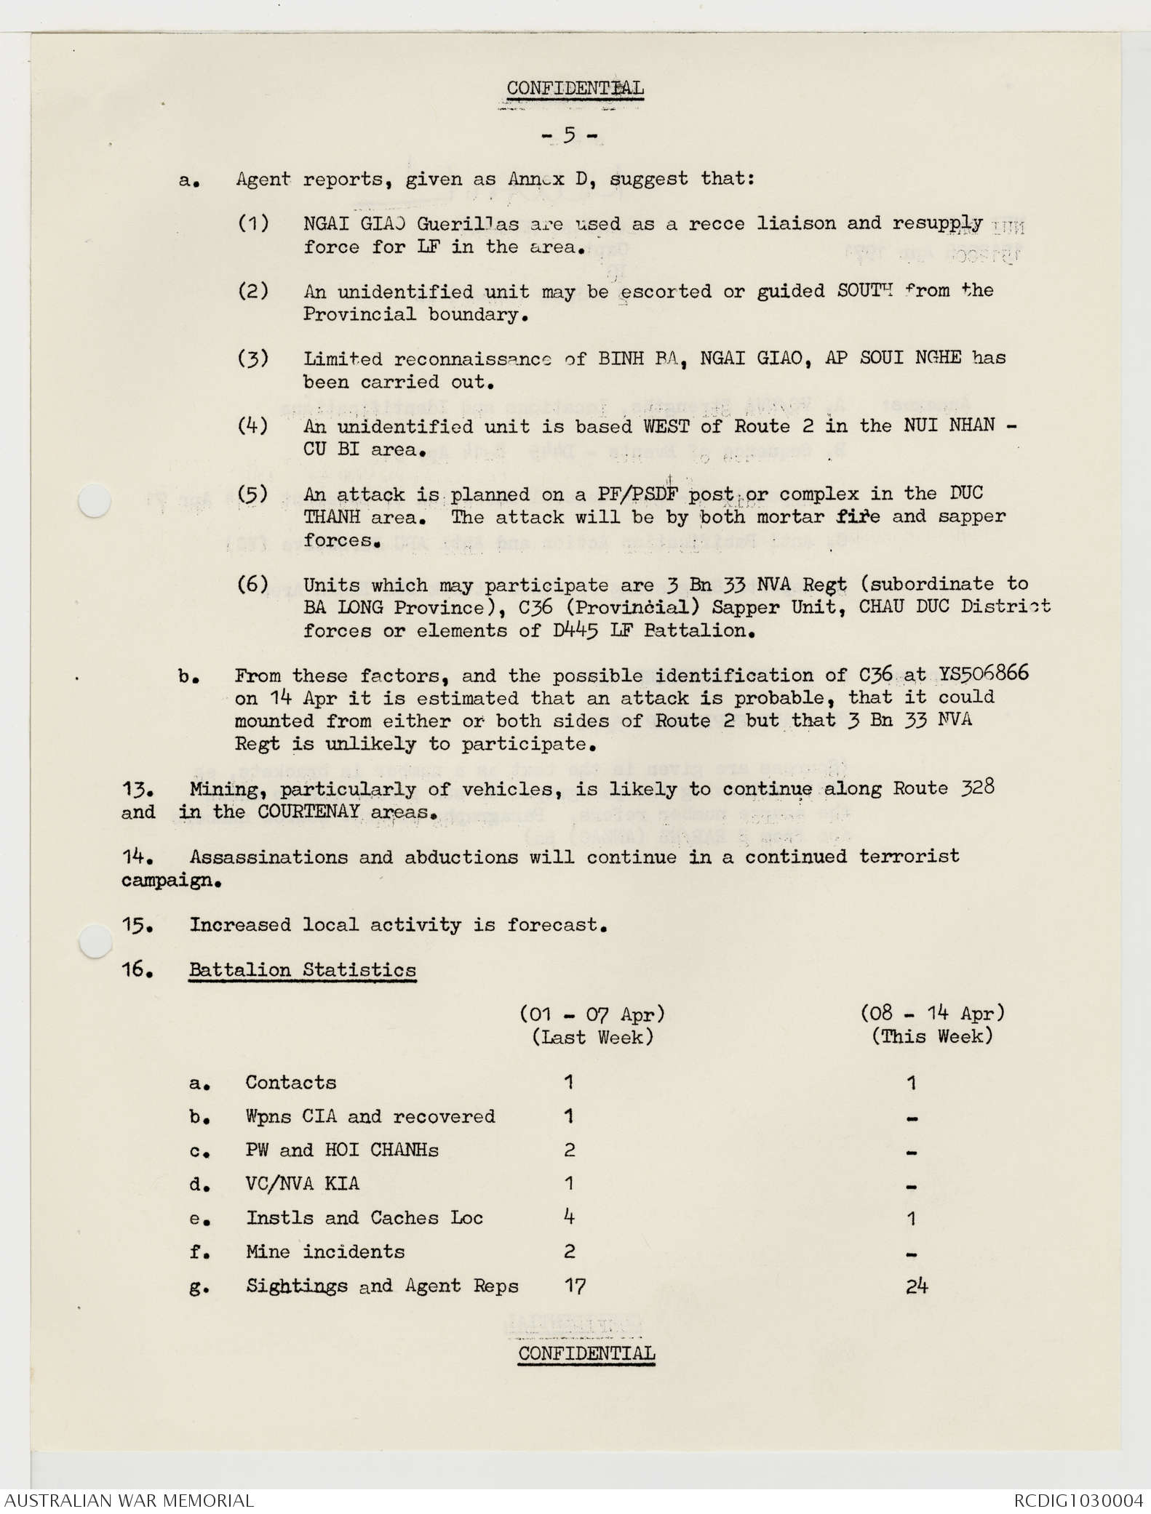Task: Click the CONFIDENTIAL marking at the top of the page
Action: click(x=575, y=89)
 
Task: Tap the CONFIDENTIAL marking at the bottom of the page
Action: click(x=586, y=1353)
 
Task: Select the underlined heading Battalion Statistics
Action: click(x=302, y=970)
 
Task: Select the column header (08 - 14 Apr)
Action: click(x=932, y=1013)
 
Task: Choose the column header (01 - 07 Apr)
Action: click(x=592, y=1013)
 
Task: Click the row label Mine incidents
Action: click(x=324, y=1251)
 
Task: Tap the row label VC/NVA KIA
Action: click(x=302, y=1184)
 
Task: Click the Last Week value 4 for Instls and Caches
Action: click(x=569, y=1217)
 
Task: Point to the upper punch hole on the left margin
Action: click(x=95, y=501)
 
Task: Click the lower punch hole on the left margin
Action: click(x=95, y=942)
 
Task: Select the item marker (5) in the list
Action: click(x=252, y=494)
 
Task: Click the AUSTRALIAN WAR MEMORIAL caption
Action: click(x=129, y=1499)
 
